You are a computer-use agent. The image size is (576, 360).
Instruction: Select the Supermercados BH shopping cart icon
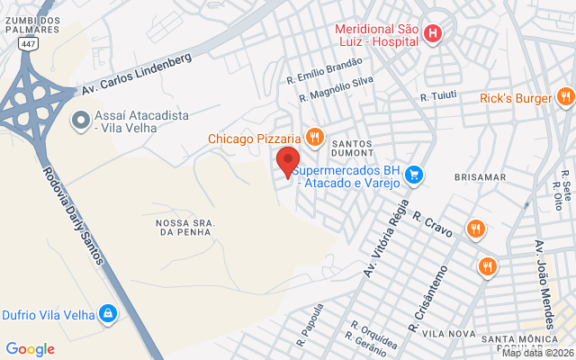tap(414, 174)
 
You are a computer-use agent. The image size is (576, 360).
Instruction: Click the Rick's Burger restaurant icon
tap(563, 96)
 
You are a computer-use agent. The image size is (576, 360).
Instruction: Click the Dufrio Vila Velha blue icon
tap(108, 312)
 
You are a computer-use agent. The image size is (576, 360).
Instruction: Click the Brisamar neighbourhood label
tap(481, 177)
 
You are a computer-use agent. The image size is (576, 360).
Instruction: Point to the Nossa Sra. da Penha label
tap(183, 227)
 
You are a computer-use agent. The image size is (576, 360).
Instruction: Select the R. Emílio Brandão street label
tap(324, 68)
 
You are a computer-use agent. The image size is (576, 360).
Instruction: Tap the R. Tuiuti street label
tap(438, 96)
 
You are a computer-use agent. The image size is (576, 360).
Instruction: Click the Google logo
tap(30, 348)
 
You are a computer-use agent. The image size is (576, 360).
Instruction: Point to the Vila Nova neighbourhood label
tap(447, 333)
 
